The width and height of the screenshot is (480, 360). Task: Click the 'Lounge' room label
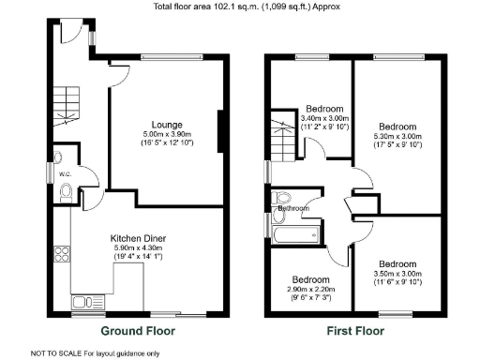pyautogui.click(x=168, y=124)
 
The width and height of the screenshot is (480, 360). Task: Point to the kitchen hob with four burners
pyautogui.click(x=64, y=253)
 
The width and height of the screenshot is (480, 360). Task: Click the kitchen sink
pyautogui.click(x=79, y=301)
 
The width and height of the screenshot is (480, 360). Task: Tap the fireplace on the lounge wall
pyautogui.click(x=221, y=131)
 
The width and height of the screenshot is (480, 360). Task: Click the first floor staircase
pyautogui.click(x=281, y=139)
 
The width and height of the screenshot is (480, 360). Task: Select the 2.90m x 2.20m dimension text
pyautogui.click(x=309, y=290)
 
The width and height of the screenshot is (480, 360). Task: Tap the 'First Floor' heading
pyautogui.click(x=355, y=331)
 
